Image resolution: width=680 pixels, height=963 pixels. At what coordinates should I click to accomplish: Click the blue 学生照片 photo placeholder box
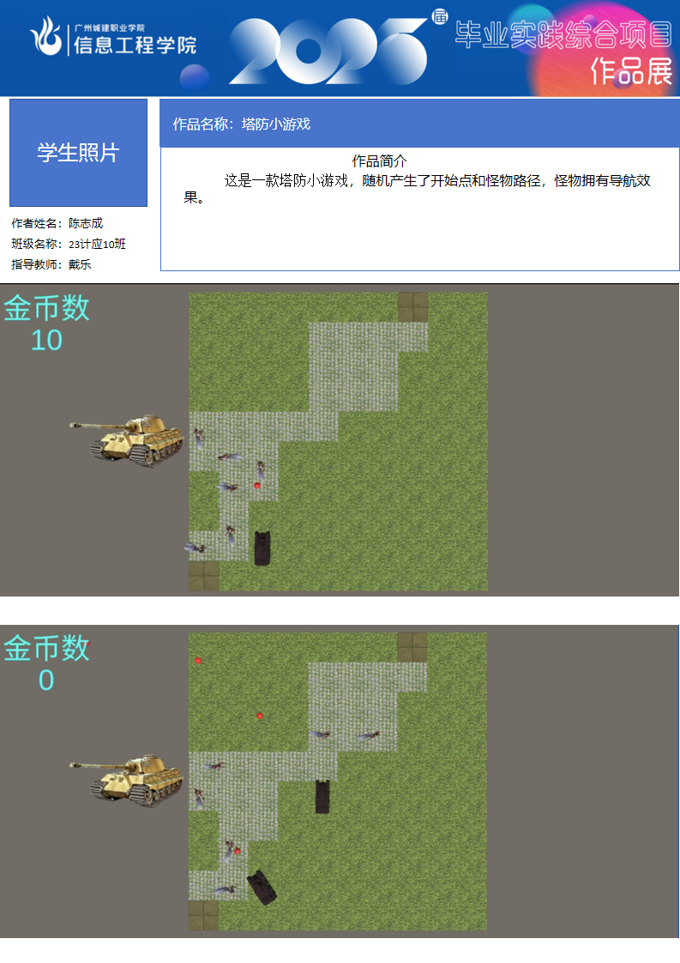79,152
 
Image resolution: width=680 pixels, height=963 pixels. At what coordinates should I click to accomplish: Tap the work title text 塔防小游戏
276,124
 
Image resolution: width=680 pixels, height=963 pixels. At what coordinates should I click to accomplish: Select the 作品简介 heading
379,160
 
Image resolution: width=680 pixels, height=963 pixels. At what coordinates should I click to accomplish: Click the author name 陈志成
86,223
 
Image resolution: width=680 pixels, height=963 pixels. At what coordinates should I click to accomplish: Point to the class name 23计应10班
97,244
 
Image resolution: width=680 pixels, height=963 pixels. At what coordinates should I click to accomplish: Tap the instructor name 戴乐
80,264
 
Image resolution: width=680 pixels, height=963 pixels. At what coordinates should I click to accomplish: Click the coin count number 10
46,340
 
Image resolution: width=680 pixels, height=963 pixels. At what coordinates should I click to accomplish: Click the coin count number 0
46,680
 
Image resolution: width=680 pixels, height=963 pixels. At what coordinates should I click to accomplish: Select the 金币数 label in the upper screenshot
46,307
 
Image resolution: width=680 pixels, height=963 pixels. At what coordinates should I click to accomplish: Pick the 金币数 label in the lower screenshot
46,648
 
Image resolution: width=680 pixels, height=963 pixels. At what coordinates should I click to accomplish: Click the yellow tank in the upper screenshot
128,439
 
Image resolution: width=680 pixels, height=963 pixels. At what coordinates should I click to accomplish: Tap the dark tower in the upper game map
262,548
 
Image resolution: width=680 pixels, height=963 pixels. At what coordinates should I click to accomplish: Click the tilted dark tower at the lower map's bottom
262,887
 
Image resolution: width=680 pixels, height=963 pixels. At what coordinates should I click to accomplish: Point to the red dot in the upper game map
257,485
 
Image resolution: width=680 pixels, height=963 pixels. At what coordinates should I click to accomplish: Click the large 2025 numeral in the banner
328,51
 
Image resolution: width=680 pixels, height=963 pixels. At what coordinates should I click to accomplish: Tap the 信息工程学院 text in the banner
135,45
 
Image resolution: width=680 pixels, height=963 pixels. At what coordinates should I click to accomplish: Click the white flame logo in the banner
46,36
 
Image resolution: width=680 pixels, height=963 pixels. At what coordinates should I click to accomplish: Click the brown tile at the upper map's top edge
413,307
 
